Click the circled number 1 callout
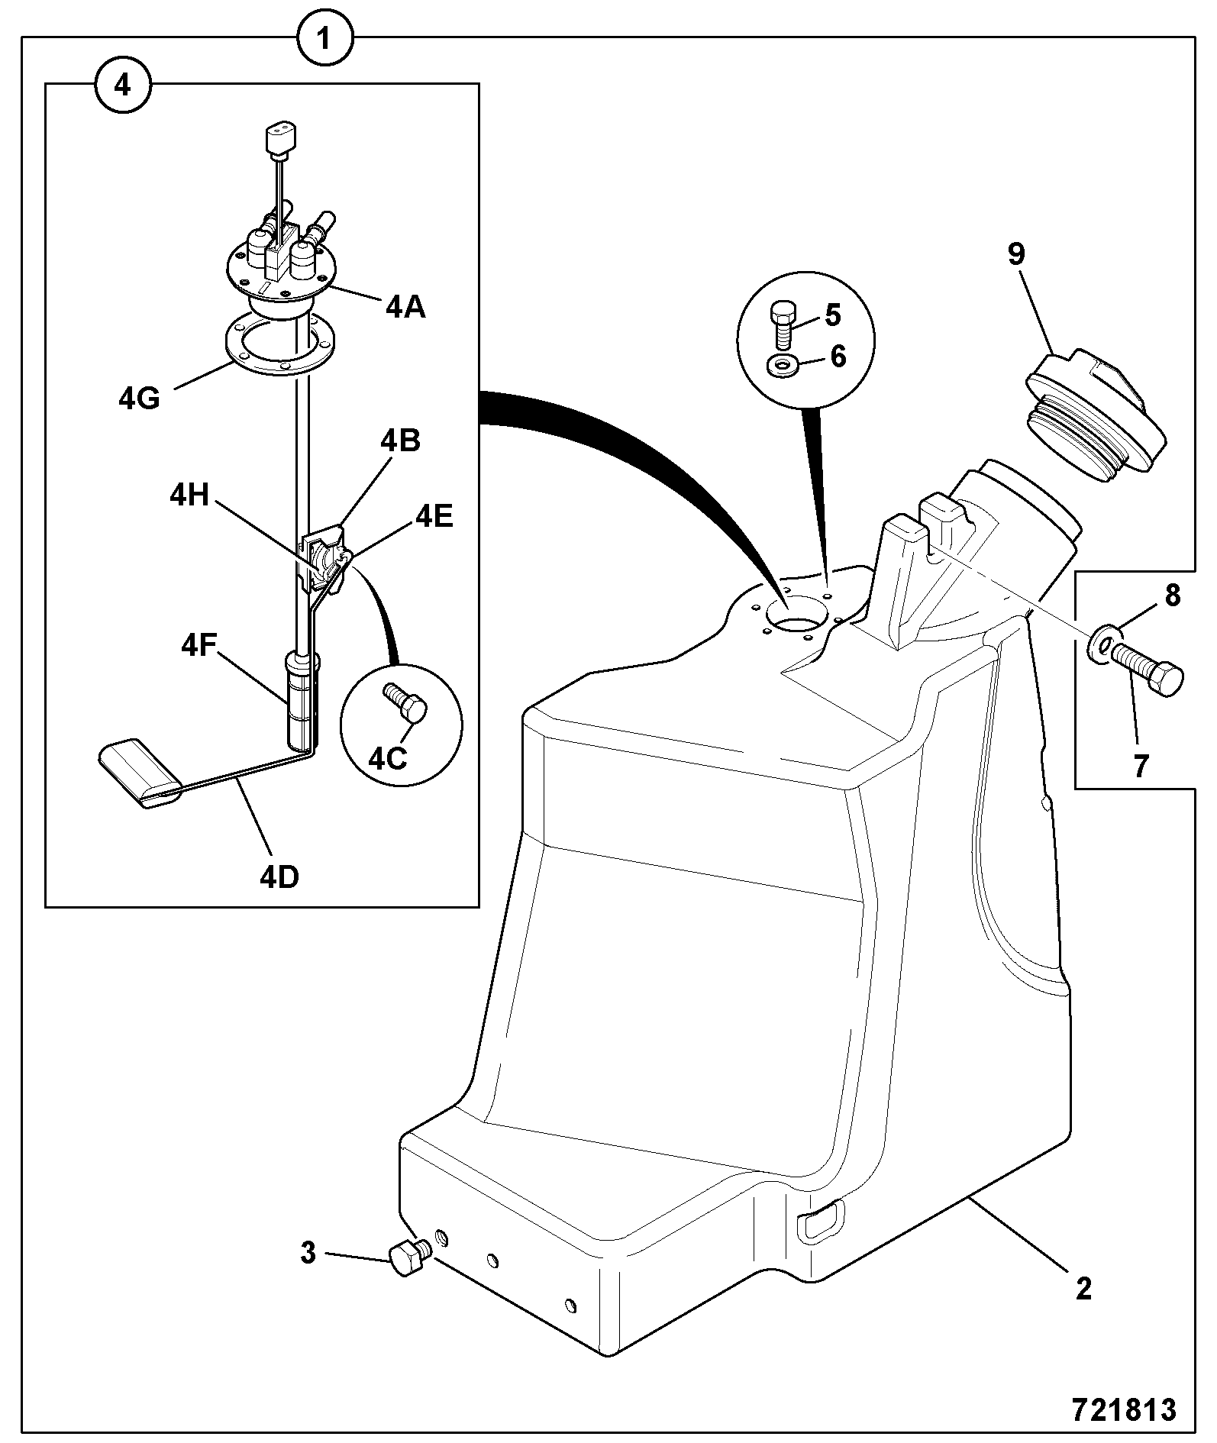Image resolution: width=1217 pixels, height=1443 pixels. click(324, 38)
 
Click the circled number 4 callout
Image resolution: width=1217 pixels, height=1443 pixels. click(122, 86)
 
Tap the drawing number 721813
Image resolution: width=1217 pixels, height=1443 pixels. click(1124, 1409)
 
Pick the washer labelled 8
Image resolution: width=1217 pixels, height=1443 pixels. click(1102, 643)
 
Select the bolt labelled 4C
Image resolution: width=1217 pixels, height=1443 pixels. click(407, 702)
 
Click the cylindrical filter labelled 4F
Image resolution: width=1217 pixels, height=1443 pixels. click(302, 699)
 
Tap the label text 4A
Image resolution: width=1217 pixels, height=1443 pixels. click(405, 307)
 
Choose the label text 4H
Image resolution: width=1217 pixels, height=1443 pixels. click(189, 496)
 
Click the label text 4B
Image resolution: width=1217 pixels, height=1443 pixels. click(400, 441)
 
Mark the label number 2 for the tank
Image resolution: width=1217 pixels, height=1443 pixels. click(1083, 1289)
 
